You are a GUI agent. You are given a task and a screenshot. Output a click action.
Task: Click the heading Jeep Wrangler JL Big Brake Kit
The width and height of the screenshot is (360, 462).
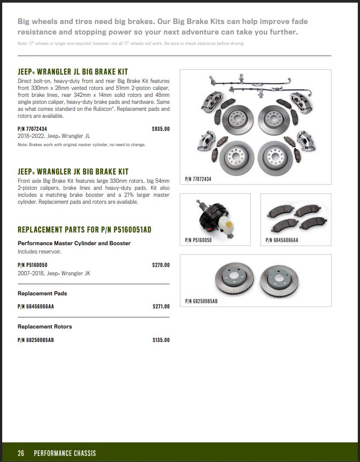pyautogui.click(x=73, y=72)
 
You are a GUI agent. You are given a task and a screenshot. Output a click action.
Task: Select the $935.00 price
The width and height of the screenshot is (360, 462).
pyautogui.click(x=160, y=129)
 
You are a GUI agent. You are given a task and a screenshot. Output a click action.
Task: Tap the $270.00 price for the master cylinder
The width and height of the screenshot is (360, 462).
pyautogui.click(x=161, y=265)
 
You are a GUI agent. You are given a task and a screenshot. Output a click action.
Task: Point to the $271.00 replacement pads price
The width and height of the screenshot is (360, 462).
pyautogui.click(x=161, y=307)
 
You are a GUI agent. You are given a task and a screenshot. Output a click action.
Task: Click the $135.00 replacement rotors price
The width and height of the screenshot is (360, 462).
pyautogui.click(x=161, y=340)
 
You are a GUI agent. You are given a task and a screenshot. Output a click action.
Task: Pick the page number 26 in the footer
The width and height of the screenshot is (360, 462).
pyautogui.click(x=21, y=453)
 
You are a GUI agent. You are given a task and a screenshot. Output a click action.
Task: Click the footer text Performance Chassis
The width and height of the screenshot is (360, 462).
pyautogui.click(x=65, y=453)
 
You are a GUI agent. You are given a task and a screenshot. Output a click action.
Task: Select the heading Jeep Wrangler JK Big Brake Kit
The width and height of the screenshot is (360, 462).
pyautogui.click(x=73, y=172)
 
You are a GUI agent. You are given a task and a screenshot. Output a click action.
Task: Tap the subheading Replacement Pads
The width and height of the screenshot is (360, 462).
pyautogui.click(x=42, y=294)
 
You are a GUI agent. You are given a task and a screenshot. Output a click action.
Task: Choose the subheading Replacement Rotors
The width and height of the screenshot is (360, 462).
pyautogui.click(x=44, y=327)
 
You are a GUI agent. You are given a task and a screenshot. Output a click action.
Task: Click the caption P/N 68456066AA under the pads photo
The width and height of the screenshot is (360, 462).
pyautogui.click(x=282, y=240)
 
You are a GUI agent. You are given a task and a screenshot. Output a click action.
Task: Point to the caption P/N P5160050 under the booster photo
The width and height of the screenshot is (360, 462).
pyautogui.click(x=198, y=240)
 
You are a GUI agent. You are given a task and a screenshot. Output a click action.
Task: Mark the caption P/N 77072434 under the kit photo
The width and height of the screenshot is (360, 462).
pyautogui.click(x=198, y=179)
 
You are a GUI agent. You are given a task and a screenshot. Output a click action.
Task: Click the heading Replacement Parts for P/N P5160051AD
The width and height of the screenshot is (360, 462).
pyautogui.click(x=84, y=230)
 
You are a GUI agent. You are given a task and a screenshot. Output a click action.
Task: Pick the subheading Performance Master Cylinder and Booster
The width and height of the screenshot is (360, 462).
pyautogui.click(x=74, y=243)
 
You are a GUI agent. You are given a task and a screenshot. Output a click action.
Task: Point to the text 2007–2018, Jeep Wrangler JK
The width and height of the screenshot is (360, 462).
pyautogui.click(x=54, y=274)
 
